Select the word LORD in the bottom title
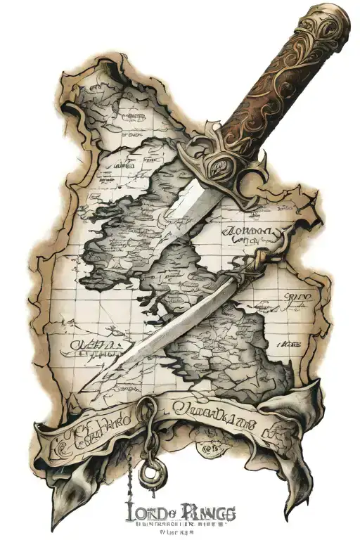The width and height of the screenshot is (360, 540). point(146,511)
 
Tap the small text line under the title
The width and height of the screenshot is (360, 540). point(179,525)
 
